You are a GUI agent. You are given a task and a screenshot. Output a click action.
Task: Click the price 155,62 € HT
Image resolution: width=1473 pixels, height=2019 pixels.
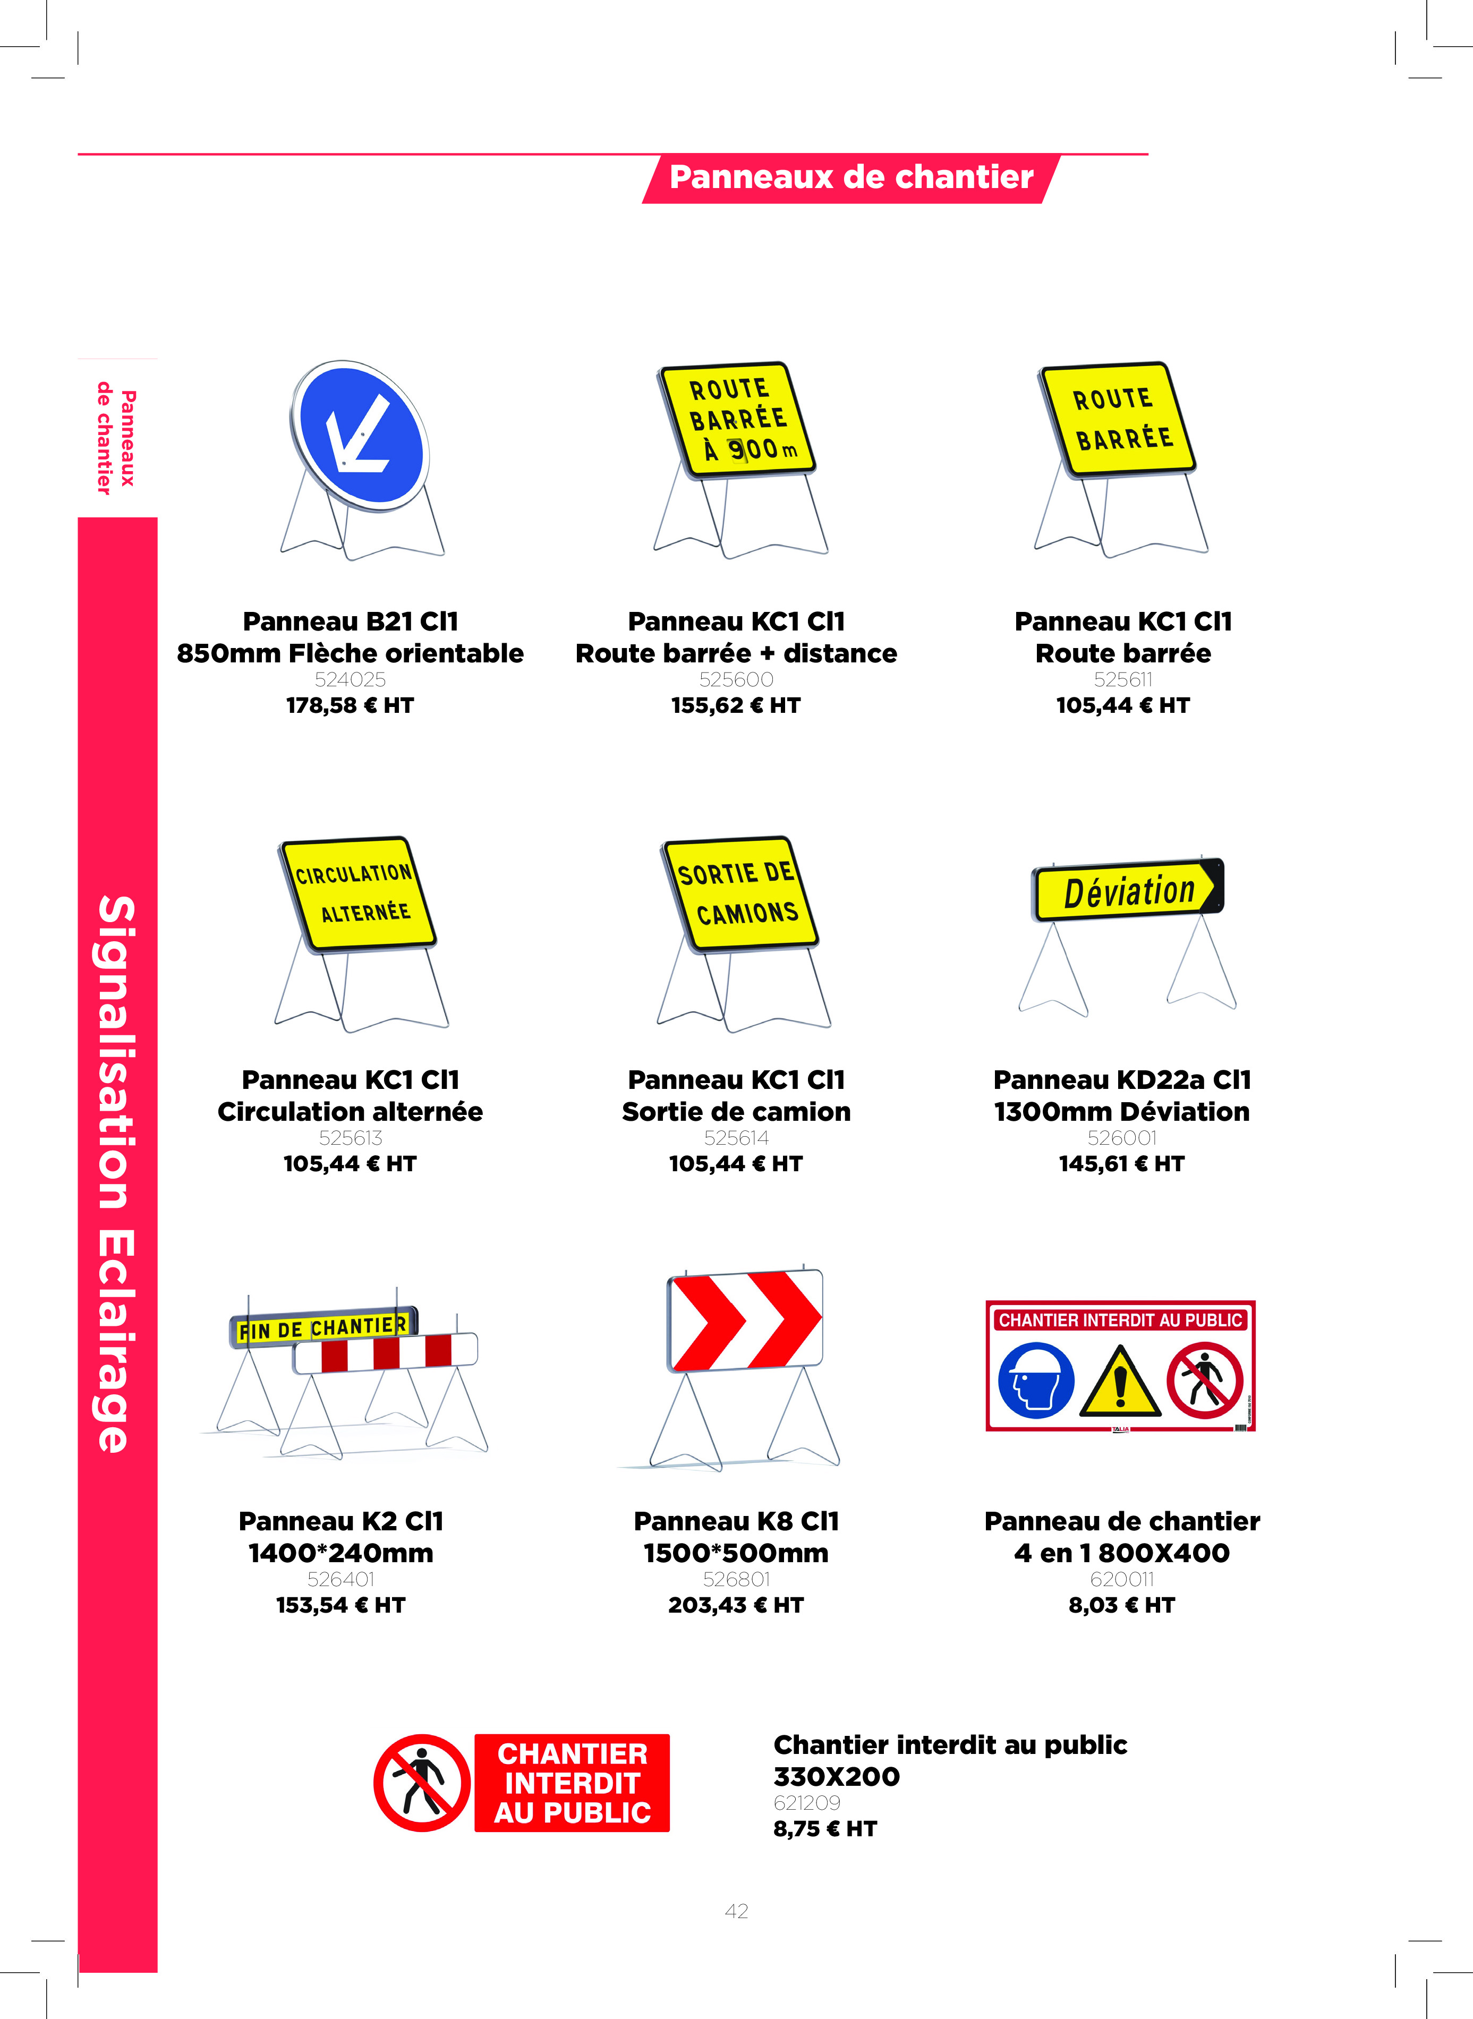pos(736,705)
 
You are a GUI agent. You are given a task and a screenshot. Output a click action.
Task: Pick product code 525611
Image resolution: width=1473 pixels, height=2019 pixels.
pos(1122,679)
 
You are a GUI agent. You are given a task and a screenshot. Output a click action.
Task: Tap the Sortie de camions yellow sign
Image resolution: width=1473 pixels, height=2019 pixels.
pos(740,893)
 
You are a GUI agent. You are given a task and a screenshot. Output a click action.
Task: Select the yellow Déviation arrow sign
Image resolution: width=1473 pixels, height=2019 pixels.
pos(1128,890)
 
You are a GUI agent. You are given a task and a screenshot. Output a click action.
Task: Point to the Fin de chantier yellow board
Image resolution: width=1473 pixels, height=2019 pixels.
pos(323,1328)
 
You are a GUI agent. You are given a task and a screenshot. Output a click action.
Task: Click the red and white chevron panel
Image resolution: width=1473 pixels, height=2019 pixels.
pos(745,1321)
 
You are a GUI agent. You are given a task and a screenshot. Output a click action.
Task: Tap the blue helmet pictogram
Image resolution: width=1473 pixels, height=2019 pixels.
pos(1036,1381)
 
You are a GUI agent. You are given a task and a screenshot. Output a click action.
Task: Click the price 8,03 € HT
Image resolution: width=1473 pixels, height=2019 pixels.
pos(1122,1605)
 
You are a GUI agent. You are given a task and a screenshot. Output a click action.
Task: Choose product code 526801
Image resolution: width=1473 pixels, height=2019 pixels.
pos(736,1579)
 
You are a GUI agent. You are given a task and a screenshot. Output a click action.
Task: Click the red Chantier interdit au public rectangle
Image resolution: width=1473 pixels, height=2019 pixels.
pos(572,1783)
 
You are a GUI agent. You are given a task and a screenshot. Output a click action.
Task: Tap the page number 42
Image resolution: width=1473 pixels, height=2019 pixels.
pos(736,1910)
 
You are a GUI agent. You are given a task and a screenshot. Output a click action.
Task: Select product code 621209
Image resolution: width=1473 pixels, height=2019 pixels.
pos(807,1802)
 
